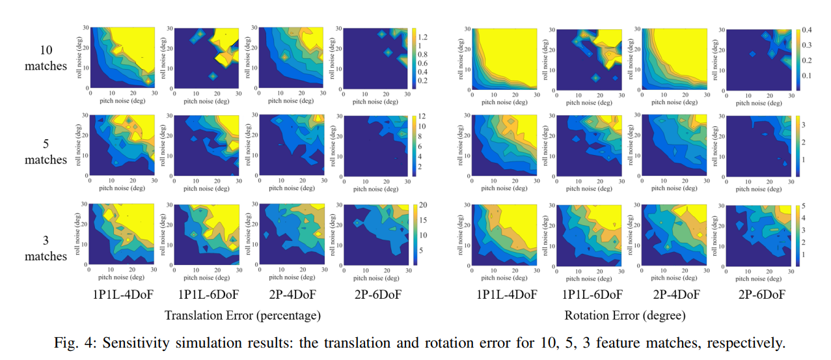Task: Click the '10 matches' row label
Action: pyautogui.click(x=46, y=58)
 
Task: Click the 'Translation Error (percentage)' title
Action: pyautogui.click(x=243, y=316)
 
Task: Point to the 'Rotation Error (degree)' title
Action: pyautogui.click(x=625, y=316)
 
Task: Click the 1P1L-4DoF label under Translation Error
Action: pyautogui.click(x=124, y=295)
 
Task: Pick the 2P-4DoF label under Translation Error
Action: pyautogui.click(x=292, y=295)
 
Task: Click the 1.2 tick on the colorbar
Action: pyautogui.click(x=424, y=36)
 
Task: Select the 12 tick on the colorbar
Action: pyautogui.click(x=422, y=116)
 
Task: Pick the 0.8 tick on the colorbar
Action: pyautogui.click(x=424, y=55)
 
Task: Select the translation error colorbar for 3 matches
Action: pyautogui.click(x=414, y=234)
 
